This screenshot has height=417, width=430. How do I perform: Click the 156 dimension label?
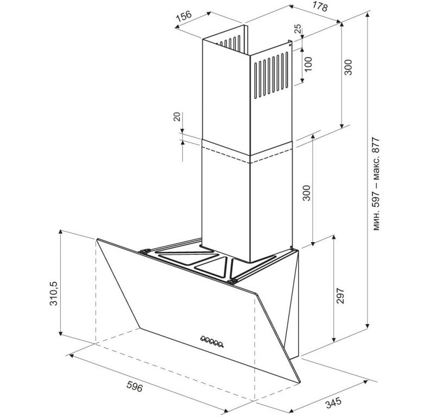pos(184,16)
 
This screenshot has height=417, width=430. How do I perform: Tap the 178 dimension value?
pos(320,6)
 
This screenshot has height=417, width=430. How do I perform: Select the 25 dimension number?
pos(298,29)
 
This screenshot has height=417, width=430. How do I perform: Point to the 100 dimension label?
pos(308,64)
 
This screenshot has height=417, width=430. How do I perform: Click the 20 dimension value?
pos(177,117)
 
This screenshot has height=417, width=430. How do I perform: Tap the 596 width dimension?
pos(135,387)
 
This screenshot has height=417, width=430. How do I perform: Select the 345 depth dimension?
pos(333,403)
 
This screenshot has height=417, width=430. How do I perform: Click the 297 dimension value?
pos(340,295)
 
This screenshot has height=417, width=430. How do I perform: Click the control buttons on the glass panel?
pos(211,341)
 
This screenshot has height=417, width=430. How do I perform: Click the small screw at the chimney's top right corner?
pos(290,46)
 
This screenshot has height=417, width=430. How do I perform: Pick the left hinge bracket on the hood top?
pos(144,251)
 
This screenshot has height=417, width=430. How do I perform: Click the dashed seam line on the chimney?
pos(248,155)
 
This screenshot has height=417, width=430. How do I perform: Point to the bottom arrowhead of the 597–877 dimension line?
pos(368,325)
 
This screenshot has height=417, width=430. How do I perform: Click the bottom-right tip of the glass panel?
pos(300,382)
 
